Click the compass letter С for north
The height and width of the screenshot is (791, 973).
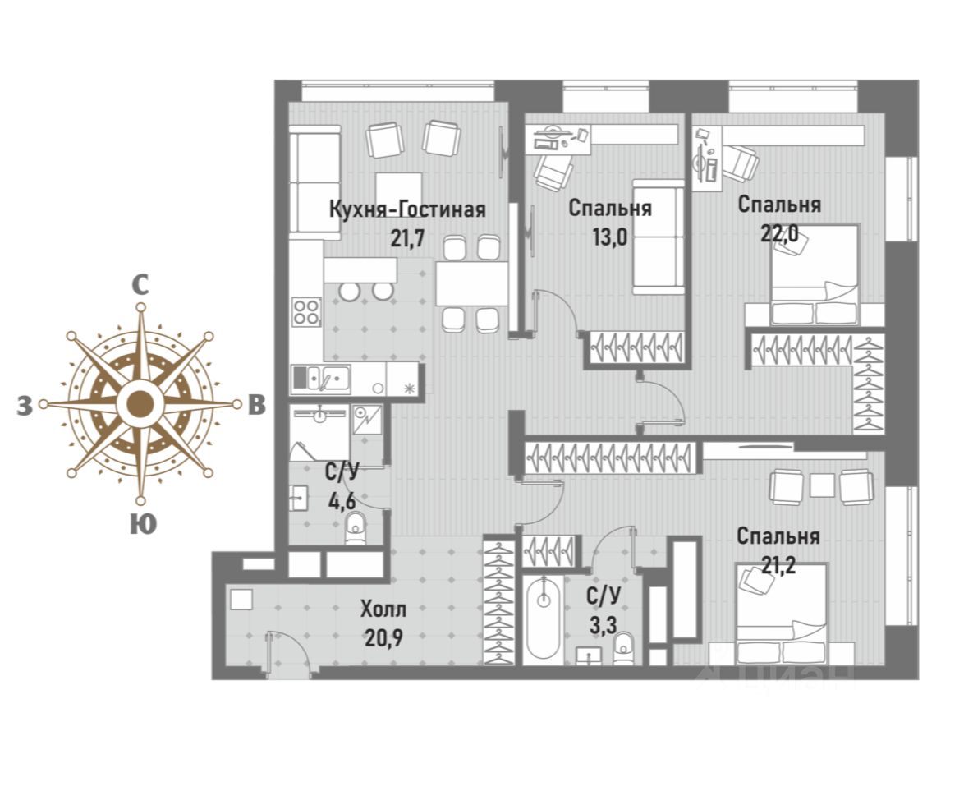point(141,285)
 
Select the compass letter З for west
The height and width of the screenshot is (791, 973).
point(25,405)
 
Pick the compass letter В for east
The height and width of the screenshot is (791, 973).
point(257,405)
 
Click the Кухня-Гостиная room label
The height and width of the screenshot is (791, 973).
point(407,209)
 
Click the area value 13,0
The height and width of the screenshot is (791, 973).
point(609,237)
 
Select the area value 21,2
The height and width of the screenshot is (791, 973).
point(777,565)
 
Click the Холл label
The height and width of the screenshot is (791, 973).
point(383,609)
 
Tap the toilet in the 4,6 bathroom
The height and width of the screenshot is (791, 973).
point(355,528)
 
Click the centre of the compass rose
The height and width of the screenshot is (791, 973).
point(141,404)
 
